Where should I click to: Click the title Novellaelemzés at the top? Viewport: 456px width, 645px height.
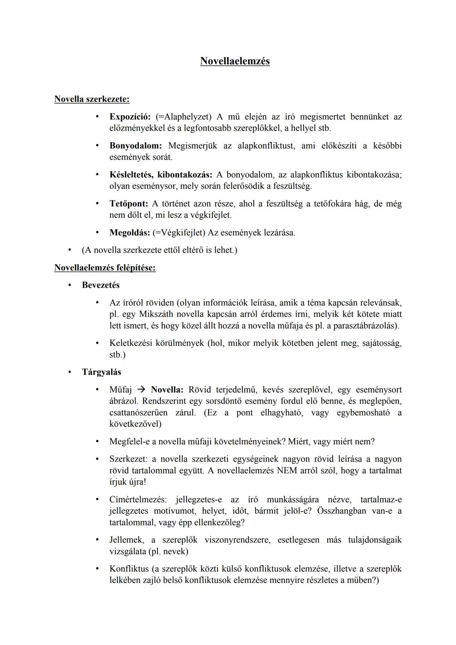coord(235,61)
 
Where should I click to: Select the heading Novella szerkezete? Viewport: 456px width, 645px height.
coord(92,99)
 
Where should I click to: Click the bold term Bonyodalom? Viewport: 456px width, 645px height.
coord(136,146)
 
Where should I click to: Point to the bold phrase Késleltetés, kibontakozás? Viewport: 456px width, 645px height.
coord(161,175)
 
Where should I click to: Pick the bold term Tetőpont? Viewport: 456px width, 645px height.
coord(129,204)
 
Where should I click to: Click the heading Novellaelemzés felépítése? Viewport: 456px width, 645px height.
coord(105,268)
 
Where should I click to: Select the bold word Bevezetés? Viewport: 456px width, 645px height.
coord(100,285)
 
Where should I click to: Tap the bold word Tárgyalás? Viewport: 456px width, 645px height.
coord(101,372)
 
